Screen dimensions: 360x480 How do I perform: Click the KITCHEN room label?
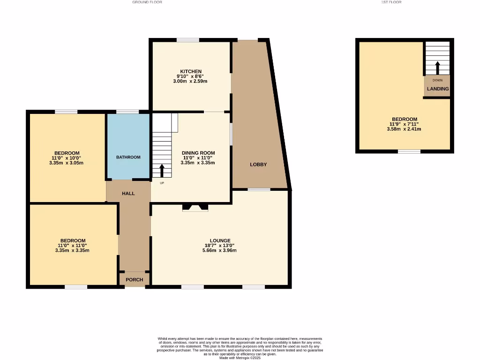[190, 71]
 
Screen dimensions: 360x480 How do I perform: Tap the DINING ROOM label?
[198, 153]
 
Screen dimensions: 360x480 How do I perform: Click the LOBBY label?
[258, 165]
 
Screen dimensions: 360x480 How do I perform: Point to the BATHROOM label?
[128, 157]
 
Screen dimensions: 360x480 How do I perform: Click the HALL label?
[128, 193]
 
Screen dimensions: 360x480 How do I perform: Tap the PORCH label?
[134, 280]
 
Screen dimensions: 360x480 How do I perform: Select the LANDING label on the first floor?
[437, 89]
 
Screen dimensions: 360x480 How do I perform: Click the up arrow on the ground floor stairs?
[162, 170]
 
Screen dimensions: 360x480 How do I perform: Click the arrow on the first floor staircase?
[437, 68]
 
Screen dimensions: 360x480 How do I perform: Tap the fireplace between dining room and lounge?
[195, 208]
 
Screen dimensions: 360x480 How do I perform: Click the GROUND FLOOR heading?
[147, 2]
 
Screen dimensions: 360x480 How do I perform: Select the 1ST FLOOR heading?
[392, 2]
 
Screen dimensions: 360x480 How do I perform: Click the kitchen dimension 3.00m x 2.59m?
[190, 81]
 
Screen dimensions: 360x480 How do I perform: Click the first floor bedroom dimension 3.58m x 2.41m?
[405, 129]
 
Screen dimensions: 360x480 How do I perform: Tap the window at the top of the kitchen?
[187, 40]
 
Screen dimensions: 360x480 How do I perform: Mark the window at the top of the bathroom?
[127, 112]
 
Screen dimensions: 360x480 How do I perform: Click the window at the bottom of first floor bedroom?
[409, 151]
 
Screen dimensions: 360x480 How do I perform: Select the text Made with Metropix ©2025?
[240, 358]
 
